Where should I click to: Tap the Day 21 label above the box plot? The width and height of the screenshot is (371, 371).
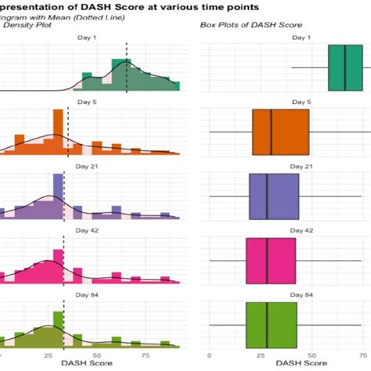[286, 167]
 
